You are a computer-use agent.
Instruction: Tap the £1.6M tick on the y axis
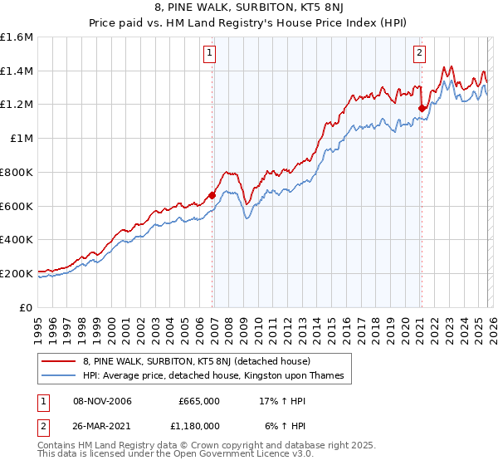(x=17, y=37)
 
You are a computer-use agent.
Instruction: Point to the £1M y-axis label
(x=22, y=139)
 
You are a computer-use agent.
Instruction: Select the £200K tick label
(x=17, y=273)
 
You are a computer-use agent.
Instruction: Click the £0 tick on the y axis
(x=27, y=307)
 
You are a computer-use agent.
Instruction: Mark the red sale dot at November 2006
(x=212, y=195)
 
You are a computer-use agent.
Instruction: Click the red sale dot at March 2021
(x=422, y=108)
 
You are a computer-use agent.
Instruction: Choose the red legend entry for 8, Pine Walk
(x=196, y=361)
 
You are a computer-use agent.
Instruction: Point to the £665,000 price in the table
(x=199, y=401)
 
